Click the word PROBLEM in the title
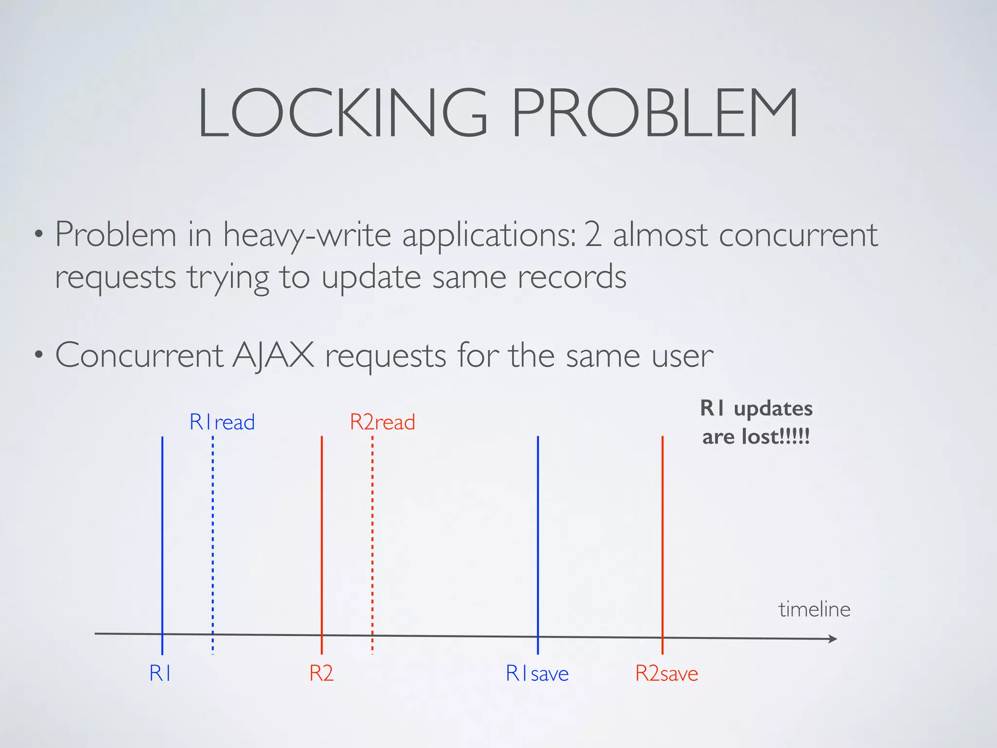(655, 113)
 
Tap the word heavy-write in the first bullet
(307, 235)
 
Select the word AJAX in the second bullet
(273, 355)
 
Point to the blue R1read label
(222, 422)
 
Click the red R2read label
(383, 422)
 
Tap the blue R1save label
(537, 673)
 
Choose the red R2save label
(666, 673)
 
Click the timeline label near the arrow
(814, 609)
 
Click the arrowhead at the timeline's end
(833, 638)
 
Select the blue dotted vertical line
(213, 536)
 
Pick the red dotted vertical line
(372, 536)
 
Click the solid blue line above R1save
(538, 536)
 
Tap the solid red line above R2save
(663, 536)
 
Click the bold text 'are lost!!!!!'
(756, 436)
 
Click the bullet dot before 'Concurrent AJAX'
(38, 355)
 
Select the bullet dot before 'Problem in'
(38, 235)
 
